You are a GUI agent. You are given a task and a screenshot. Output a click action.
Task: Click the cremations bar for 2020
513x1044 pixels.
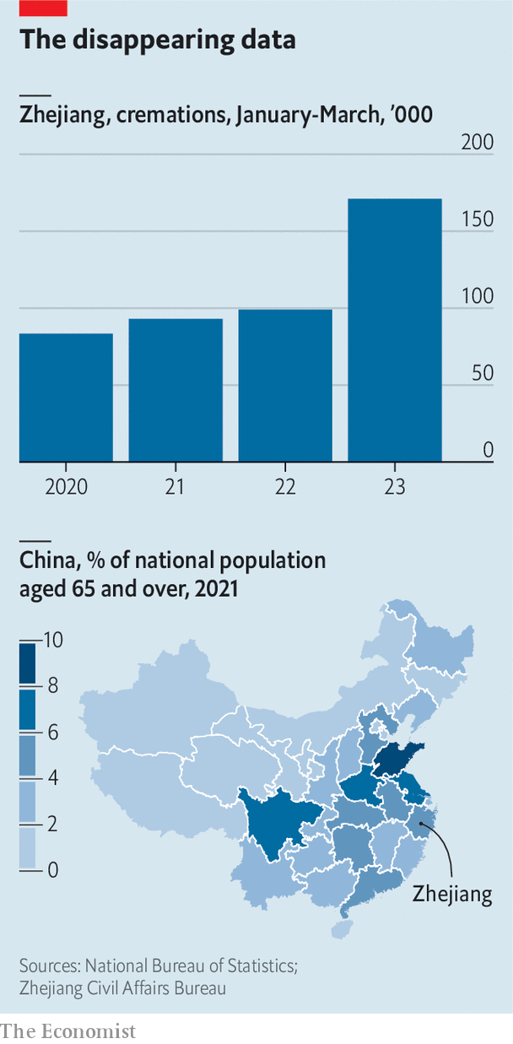click(66, 398)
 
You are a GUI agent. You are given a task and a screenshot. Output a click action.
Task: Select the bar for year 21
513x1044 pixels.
click(175, 390)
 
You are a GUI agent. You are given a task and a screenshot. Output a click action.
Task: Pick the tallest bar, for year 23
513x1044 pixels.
click(395, 330)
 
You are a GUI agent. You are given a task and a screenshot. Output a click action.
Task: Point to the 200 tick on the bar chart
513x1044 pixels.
click(477, 142)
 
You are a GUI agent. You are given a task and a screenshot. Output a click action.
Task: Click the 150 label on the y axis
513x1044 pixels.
click(477, 219)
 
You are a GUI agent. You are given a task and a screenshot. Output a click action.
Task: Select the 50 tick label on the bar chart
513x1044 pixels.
click(483, 373)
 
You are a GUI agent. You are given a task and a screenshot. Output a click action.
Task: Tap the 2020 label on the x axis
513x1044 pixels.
click(67, 487)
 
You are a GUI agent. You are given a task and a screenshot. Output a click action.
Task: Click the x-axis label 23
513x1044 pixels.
click(395, 487)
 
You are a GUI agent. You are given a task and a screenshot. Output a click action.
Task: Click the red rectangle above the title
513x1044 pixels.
click(43, 8)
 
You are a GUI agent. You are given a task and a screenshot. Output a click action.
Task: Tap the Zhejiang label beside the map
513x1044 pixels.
click(451, 895)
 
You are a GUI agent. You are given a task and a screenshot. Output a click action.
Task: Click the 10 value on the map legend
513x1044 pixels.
click(53, 640)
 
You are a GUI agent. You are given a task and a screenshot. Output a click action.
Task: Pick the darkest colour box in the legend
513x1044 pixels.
click(29, 663)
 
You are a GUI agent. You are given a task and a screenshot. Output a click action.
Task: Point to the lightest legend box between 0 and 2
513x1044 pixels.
click(29, 847)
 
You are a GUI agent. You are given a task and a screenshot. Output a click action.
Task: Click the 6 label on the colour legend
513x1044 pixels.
click(51, 732)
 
